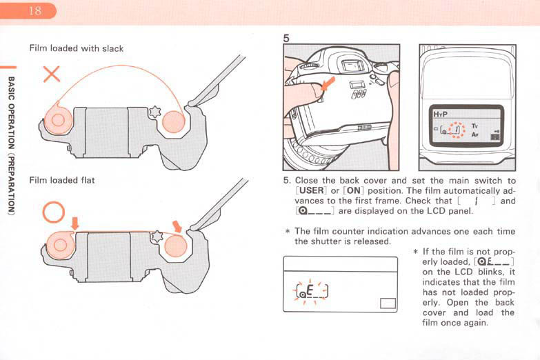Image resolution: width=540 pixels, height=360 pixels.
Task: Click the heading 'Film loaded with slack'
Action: tap(76, 48)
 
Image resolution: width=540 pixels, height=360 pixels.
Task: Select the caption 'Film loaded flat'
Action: tap(61, 181)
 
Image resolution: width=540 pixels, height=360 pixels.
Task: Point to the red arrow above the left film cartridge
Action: tap(75, 223)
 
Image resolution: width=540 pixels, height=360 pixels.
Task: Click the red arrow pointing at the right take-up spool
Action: tap(178, 226)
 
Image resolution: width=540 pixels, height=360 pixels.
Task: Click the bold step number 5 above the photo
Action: tap(286, 39)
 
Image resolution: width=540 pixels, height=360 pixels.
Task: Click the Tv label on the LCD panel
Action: tap(474, 126)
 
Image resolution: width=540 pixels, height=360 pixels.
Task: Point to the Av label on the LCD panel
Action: tap(474, 134)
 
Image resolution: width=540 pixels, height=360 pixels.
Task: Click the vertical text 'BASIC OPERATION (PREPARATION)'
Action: tap(10, 145)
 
